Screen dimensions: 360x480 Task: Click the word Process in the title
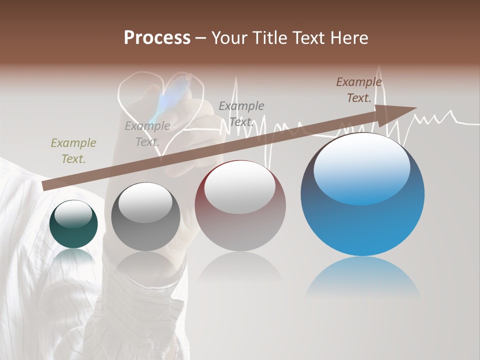pos(157,38)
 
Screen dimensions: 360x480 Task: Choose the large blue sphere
pos(362,195)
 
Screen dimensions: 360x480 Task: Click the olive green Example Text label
pos(73,150)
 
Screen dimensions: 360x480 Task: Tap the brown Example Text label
pos(359,90)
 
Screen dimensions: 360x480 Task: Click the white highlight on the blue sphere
pos(361,167)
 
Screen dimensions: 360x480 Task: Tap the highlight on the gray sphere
pos(145,201)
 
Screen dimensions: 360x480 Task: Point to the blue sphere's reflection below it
pos(362,277)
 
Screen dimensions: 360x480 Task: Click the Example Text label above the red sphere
pos(241,113)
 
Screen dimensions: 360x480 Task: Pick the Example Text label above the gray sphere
pos(147,133)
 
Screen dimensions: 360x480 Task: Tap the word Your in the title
pos(229,38)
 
